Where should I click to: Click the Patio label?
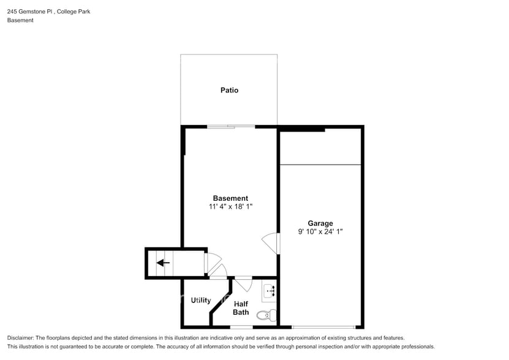229,91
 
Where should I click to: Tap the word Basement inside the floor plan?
230,198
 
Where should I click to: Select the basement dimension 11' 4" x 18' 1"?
230,207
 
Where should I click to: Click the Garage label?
320,223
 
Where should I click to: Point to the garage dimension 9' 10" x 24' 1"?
320,232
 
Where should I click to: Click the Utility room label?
201,301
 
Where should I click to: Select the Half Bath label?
241,308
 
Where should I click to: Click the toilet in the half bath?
264,316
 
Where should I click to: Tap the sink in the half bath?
269,293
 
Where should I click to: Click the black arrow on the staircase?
163,263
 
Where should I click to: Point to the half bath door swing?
243,285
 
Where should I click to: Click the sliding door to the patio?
231,127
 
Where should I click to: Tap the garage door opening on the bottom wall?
323,327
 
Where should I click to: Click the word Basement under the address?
20,20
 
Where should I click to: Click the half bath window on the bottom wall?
241,327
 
